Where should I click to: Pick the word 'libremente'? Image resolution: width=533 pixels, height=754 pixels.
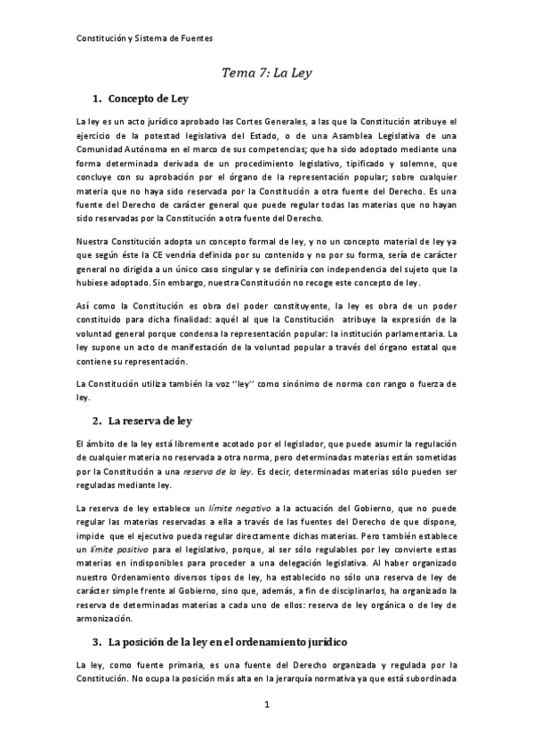pos(201,442)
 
